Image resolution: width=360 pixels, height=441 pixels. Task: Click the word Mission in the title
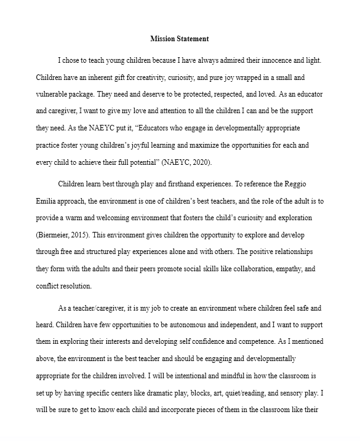pyautogui.click(x=163, y=39)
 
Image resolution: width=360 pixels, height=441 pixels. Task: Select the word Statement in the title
pyautogui.click(x=192, y=39)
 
